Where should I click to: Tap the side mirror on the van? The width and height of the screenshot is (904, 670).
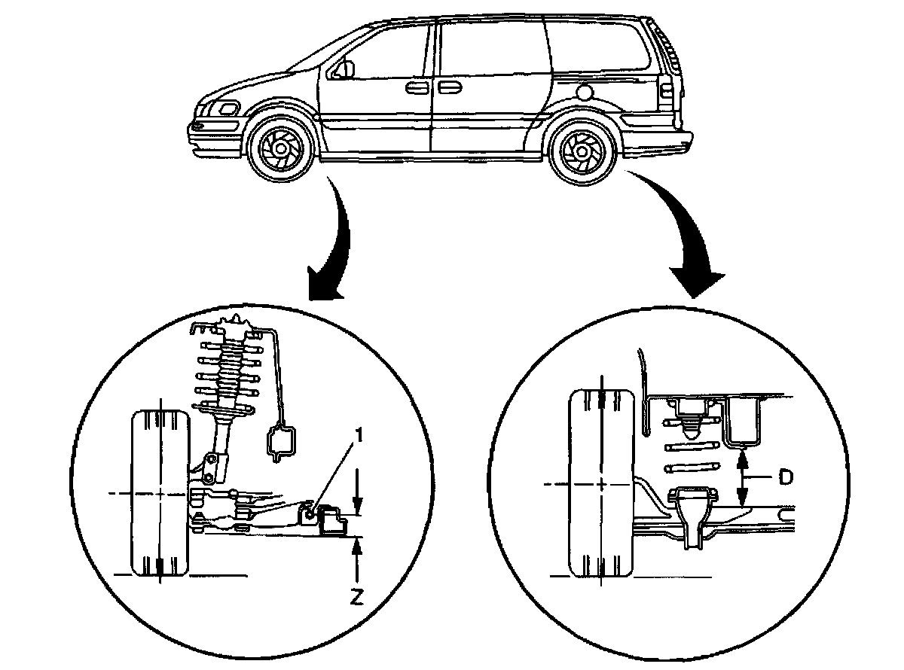coord(346,69)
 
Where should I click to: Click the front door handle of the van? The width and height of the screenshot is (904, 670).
coord(415,89)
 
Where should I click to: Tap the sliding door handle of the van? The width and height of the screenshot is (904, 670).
coord(450,89)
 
